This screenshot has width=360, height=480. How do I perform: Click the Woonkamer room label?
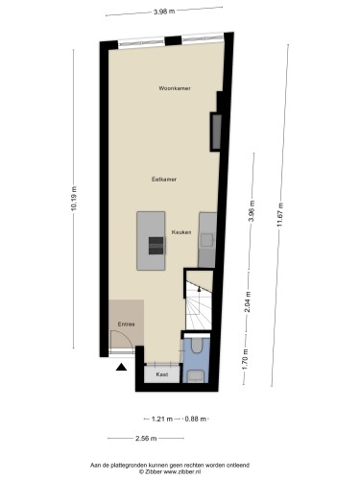click(x=175, y=88)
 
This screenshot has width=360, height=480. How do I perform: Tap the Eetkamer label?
click(x=164, y=180)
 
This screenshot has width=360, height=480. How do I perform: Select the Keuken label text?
click(x=181, y=232)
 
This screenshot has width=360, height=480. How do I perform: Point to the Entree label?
click(x=126, y=324)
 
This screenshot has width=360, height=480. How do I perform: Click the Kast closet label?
click(x=162, y=374)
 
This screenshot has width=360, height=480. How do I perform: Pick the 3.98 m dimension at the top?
click(x=164, y=12)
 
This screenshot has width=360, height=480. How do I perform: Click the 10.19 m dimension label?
click(x=74, y=199)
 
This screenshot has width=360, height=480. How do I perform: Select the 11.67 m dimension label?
click(x=280, y=215)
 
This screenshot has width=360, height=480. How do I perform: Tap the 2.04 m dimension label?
click(x=249, y=302)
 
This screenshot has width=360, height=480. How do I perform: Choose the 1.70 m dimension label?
click(x=246, y=359)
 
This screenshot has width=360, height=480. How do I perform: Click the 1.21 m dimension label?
click(x=162, y=419)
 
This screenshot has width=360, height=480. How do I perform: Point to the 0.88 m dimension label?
click(x=196, y=419)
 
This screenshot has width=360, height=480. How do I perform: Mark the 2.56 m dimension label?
click(x=146, y=439)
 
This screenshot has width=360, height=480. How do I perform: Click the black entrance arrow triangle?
click(x=121, y=367)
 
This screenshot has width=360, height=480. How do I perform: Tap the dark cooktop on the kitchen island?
click(x=156, y=246)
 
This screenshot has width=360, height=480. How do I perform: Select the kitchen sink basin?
click(x=206, y=240)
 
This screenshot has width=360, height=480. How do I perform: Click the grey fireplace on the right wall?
click(x=217, y=132)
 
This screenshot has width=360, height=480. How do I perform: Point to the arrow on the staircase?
click(x=199, y=289)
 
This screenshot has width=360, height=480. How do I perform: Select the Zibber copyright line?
click(x=170, y=471)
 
